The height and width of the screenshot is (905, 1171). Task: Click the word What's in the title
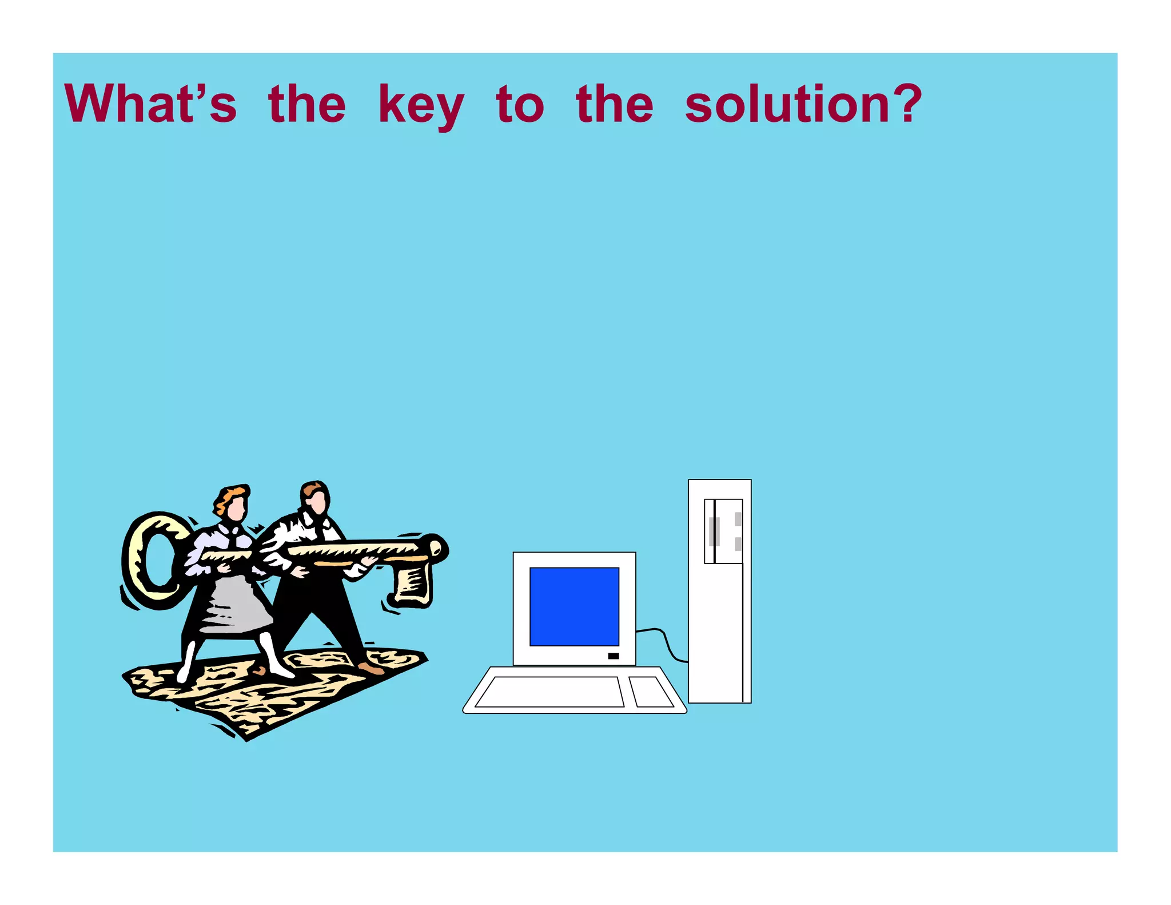pyautogui.click(x=150, y=104)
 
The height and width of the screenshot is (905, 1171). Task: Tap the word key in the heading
pyautogui.click(x=421, y=105)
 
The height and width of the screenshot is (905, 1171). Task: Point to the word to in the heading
pyautogui.click(x=520, y=105)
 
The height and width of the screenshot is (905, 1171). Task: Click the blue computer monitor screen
pyautogui.click(x=574, y=606)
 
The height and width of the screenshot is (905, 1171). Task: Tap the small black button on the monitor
pyautogui.click(x=614, y=656)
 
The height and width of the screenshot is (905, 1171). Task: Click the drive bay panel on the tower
pyautogui.click(x=724, y=531)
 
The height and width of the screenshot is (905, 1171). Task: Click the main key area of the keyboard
pyautogui.click(x=549, y=692)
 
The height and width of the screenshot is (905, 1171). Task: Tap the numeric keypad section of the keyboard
pyautogui.click(x=651, y=692)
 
